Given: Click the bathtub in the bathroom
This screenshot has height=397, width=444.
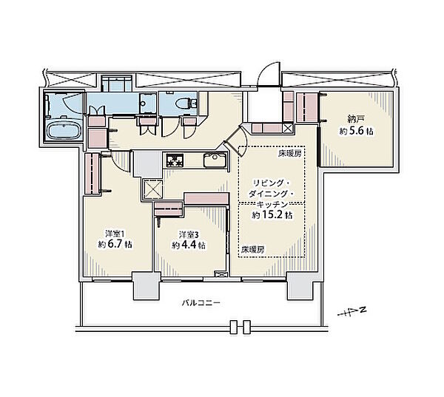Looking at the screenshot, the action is tap(64, 130).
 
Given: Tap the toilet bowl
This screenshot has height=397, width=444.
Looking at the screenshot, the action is tap(184, 103).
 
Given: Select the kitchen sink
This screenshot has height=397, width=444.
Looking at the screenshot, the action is tap(215, 160).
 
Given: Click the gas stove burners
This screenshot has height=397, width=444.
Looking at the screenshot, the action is tap(175, 160).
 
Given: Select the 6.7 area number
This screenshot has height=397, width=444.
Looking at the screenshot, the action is tap(115, 244).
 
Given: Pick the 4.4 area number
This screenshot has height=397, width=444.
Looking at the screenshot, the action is tap(189, 245).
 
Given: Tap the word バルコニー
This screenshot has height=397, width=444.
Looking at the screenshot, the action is tap(201, 303).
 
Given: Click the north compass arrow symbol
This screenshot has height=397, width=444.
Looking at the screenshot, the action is tap(352, 313).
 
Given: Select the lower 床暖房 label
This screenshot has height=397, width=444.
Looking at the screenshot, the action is tap(253, 249).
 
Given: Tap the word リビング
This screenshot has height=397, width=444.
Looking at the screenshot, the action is tap(268, 183).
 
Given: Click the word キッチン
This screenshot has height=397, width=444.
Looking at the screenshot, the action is tap(272, 204).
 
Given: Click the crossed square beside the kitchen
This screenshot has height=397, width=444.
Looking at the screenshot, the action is tap(153, 189).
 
